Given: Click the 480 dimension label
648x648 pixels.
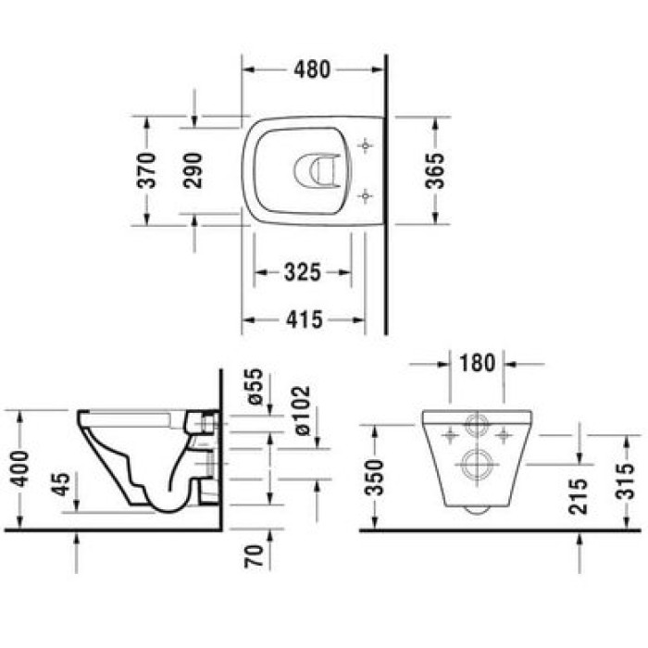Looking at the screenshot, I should pyautogui.click(x=312, y=70).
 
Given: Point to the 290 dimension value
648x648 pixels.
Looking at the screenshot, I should pyautogui.click(x=193, y=170).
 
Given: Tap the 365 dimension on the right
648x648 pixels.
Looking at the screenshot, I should pyautogui.click(x=435, y=170).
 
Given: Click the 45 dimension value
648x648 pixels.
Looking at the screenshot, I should pyautogui.click(x=61, y=485).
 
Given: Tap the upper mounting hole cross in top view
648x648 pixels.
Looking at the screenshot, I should pyautogui.click(x=366, y=146).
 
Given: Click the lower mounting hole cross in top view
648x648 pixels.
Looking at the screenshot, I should pyautogui.click(x=366, y=194).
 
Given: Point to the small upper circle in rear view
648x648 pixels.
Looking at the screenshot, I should pyautogui.click(x=477, y=428).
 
